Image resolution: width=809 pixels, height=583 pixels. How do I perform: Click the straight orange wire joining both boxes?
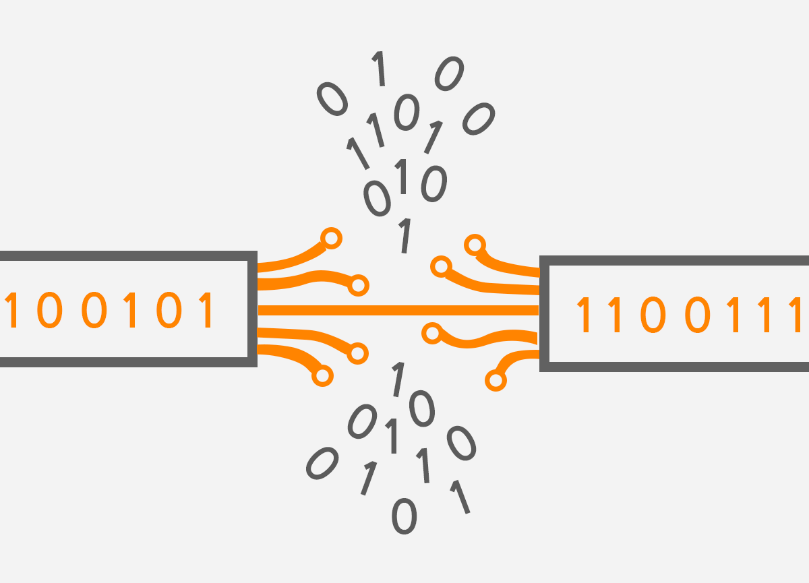coord(398,310)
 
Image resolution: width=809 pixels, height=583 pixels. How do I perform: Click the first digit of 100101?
coord(9,311)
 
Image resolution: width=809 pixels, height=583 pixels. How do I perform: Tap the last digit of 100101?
coord(207,311)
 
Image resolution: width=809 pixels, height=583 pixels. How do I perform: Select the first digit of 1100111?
coord(585,316)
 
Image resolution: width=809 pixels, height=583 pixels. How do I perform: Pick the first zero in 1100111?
coord(651,316)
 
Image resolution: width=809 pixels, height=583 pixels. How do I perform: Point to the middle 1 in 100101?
coord(131,311)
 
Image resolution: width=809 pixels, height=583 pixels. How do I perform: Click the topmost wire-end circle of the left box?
coord(331,238)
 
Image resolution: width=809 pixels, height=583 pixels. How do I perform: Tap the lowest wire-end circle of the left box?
coord(323,375)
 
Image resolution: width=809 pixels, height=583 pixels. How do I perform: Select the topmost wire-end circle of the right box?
coord(475,245)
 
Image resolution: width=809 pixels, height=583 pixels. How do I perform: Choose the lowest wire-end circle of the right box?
coord(496,381)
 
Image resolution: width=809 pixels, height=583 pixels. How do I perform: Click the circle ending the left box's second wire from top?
coord(359,285)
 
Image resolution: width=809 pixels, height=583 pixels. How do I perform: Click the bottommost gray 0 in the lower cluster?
coord(404,517)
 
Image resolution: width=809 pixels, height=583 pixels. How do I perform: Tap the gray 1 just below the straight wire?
coord(398,379)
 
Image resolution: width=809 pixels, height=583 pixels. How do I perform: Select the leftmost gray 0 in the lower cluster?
coord(321,464)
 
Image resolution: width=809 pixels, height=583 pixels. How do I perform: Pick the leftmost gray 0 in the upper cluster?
coord(332,98)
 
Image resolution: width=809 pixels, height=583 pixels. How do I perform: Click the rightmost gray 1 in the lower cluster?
coord(460,497)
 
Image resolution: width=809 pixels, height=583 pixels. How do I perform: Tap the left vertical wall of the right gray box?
coord(545,313)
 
